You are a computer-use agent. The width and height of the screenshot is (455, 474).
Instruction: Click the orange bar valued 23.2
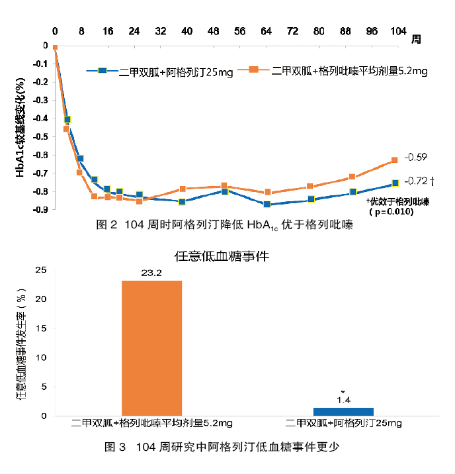(x=151, y=348)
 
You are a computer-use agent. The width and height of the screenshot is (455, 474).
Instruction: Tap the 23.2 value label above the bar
(x=151, y=273)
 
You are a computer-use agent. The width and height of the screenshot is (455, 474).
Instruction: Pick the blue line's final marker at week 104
(x=395, y=183)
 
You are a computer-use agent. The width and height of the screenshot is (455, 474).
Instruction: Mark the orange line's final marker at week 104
(x=395, y=160)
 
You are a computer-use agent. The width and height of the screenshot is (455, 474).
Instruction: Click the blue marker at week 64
(x=267, y=205)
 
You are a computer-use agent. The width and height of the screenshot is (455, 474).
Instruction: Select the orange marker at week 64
(x=267, y=193)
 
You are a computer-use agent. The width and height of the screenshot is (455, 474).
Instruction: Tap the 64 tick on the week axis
(x=266, y=32)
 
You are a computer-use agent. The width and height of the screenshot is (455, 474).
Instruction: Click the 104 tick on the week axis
(x=398, y=32)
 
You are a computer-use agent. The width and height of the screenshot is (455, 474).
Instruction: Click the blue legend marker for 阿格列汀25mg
(x=103, y=71)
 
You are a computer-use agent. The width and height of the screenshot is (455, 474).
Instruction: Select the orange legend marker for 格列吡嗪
(x=253, y=70)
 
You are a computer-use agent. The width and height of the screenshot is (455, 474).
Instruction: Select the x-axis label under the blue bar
(x=343, y=423)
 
